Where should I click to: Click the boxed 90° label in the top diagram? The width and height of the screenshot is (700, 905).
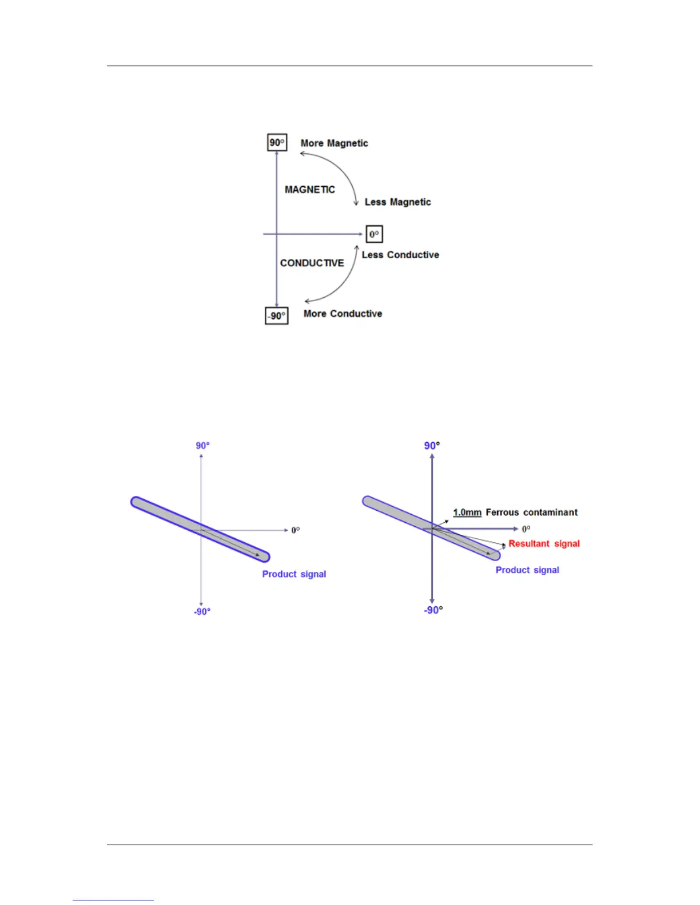pos(277,142)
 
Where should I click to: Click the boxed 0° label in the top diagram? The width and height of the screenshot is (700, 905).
pos(374,234)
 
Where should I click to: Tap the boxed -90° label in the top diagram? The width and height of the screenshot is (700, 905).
pos(277,316)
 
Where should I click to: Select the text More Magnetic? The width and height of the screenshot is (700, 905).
pos(334,143)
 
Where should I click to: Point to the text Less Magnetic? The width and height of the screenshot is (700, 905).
pos(397,202)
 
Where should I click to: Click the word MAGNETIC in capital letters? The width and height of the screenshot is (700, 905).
pos(309,190)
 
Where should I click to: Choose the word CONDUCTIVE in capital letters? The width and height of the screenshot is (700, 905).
pos(312,263)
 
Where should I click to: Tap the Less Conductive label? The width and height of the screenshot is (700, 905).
pos(400,255)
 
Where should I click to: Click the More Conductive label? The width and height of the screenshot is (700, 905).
pos(343,314)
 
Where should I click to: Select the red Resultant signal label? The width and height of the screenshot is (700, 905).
pos(544,543)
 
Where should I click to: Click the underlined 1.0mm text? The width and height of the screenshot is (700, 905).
pos(467,512)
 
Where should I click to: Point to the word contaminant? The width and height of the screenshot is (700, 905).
pos(550,512)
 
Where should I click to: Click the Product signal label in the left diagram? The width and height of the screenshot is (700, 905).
pos(294,574)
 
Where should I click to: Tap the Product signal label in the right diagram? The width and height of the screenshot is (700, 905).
pos(527,570)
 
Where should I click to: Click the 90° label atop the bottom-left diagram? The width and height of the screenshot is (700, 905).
pos(202,446)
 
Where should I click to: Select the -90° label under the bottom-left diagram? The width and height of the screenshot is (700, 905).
pos(202,612)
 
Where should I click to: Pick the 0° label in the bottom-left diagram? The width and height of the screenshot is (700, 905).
pos(296,530)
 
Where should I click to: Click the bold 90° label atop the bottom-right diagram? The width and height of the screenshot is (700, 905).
pos(432,446)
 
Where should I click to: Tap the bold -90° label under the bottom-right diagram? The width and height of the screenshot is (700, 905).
pos(433,610)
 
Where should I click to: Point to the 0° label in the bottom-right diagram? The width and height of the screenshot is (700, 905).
pos(526,529)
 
